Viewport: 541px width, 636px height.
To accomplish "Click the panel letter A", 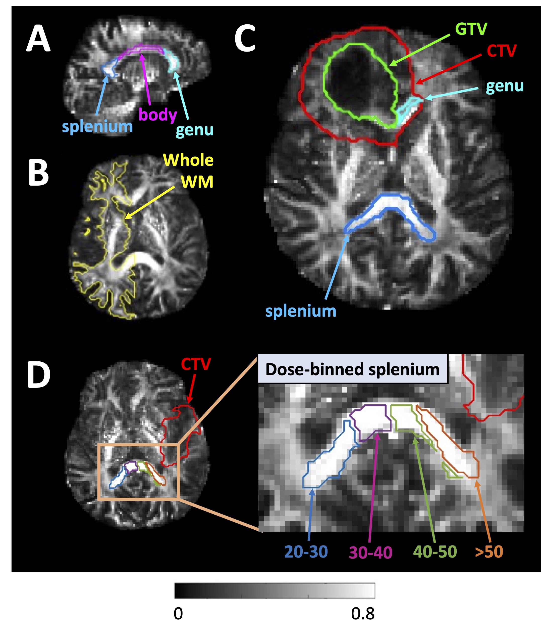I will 38,39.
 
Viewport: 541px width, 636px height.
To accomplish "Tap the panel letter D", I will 39,375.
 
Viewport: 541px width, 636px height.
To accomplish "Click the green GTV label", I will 471,29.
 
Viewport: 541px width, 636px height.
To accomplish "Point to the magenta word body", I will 157,115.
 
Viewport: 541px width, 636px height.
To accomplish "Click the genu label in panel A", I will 195,130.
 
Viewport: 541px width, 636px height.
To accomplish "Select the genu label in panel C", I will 505,86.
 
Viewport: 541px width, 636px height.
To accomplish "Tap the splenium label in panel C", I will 301,311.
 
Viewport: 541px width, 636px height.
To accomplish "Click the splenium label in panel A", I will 97,126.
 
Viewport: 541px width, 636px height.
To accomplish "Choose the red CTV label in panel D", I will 196,364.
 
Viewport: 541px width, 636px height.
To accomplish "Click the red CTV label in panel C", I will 502,51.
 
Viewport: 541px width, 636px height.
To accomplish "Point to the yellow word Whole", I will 188,160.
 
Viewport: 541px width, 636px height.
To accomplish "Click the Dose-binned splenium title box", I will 352,369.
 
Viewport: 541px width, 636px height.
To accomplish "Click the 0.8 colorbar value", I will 363,614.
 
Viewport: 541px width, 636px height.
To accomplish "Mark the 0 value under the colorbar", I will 178,614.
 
